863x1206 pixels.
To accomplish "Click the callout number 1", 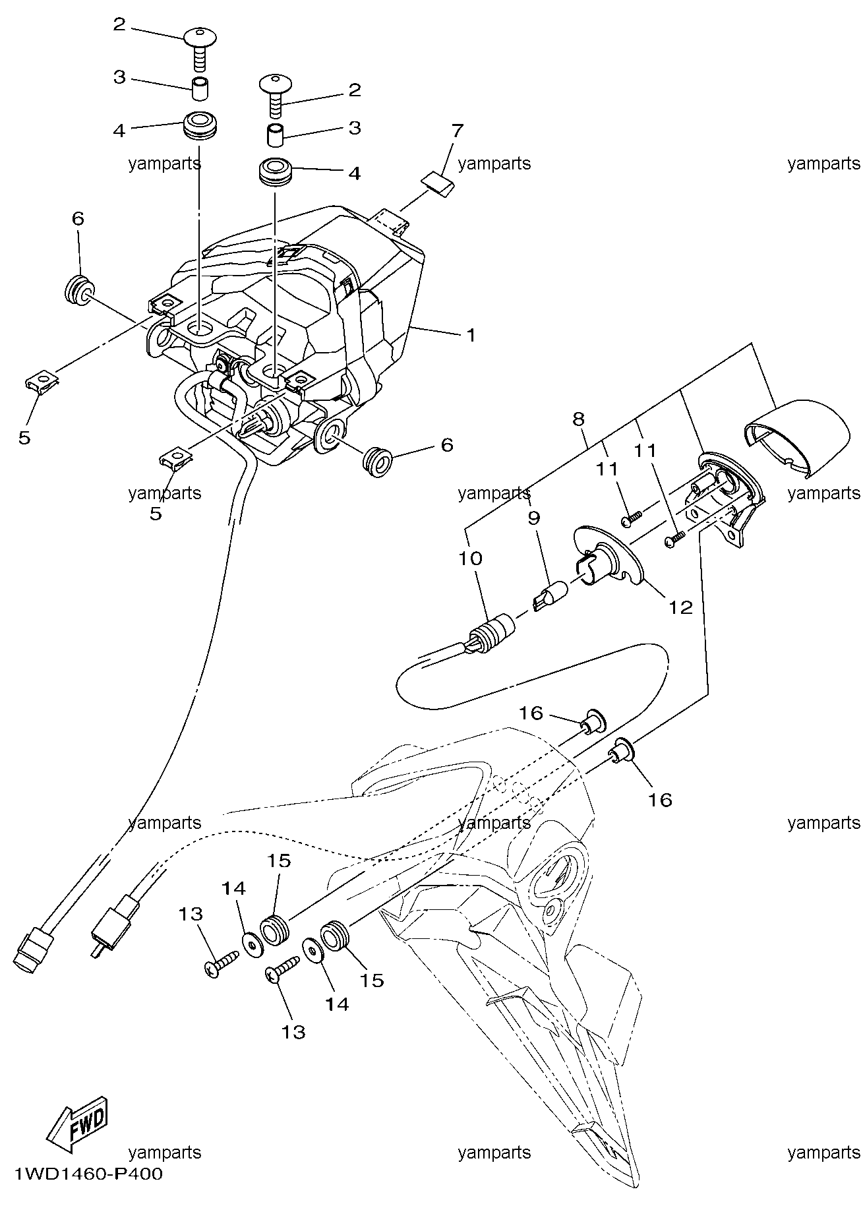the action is [x=471, y=335].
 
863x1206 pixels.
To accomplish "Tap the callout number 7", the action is [x=456, y=131].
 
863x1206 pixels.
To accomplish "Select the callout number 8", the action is [x=578, y=419].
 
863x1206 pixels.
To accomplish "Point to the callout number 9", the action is [x=533, y=518].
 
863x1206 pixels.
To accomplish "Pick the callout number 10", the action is [x=471, y=558].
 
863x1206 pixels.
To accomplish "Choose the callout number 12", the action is [x=680, y=607].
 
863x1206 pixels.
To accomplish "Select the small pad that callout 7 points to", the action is [x=438, y=183].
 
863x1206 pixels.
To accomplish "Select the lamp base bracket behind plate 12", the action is [x=725, y=498].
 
